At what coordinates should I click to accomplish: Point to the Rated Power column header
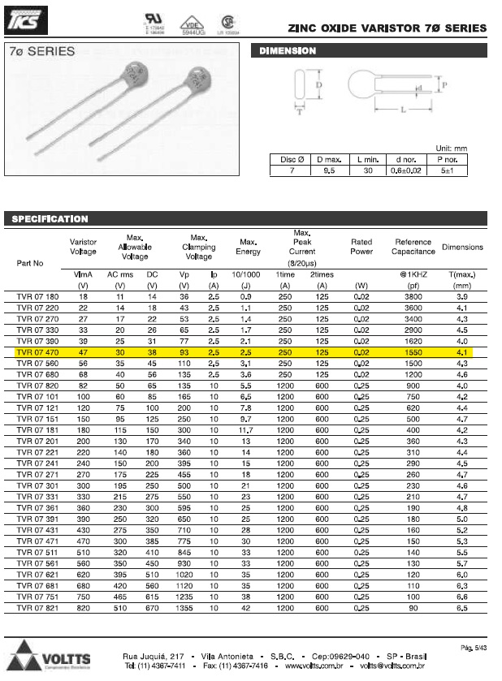click(361, 247)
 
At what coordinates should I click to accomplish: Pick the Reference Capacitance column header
click(413, 247)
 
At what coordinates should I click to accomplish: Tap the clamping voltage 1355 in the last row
click(184, 607)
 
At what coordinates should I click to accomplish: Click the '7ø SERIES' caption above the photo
click(41, 51)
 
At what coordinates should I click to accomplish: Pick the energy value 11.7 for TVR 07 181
click(247, 429)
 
